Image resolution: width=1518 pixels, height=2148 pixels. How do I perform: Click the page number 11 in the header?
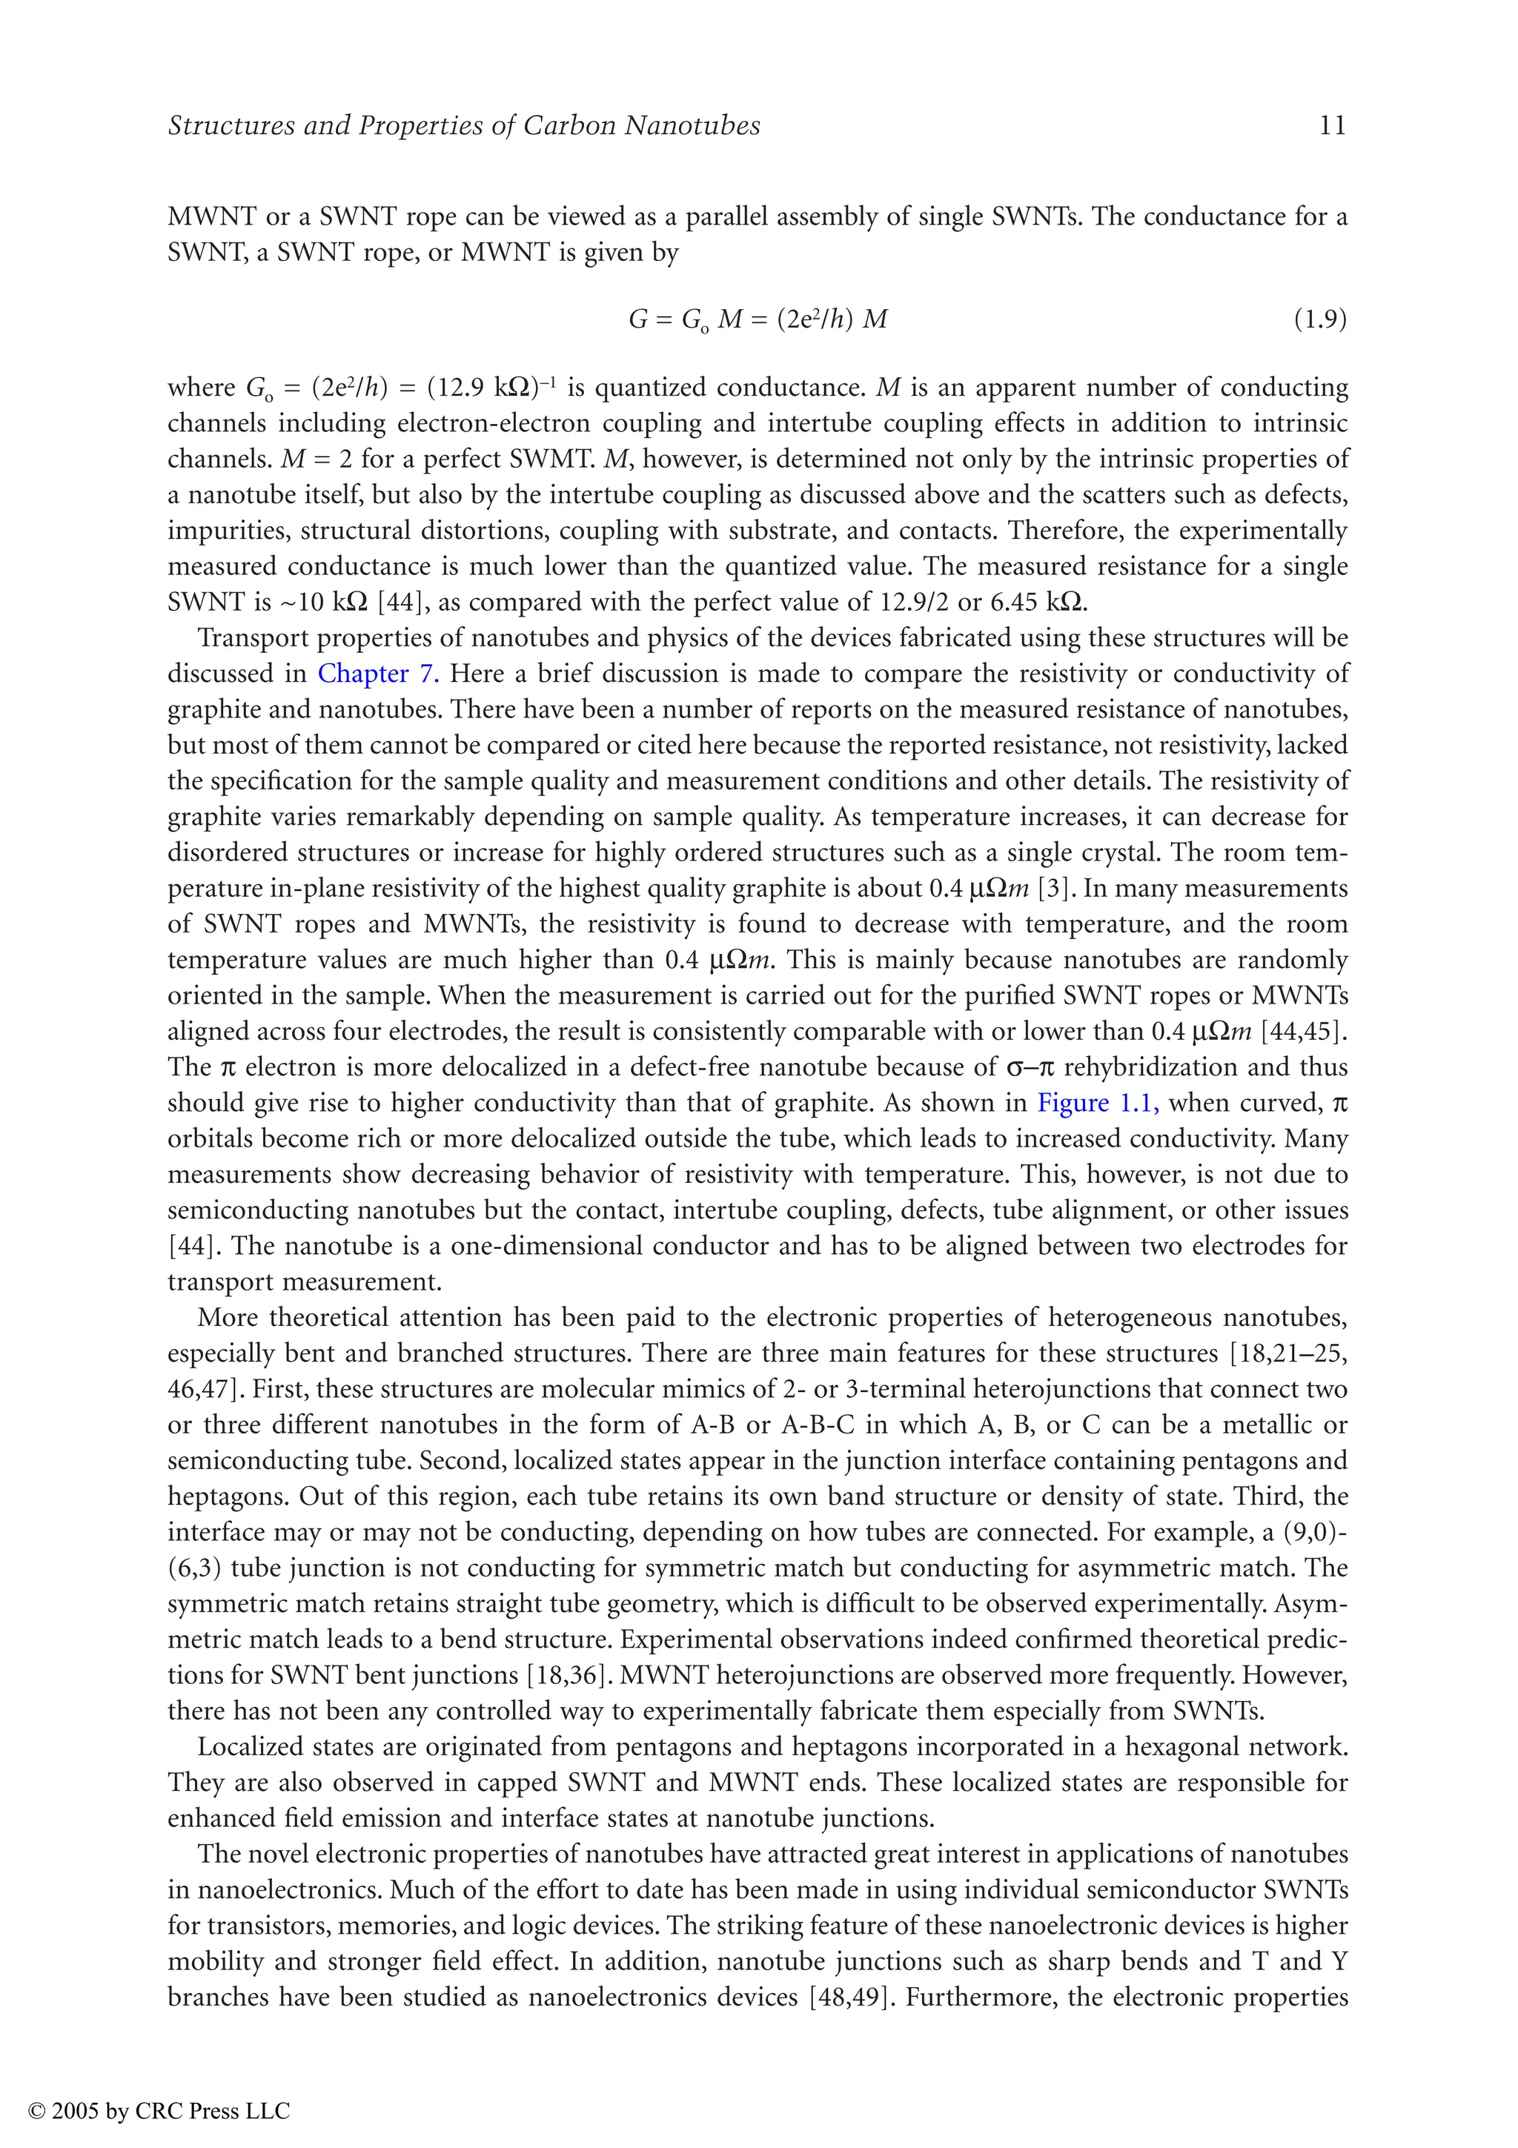tap(1332, 125)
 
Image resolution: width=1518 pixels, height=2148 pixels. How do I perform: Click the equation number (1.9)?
tap(1319, 320)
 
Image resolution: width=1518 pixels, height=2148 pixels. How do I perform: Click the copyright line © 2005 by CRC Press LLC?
tap(160, 2112)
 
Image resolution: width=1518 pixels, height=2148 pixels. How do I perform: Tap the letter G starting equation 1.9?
tap(638, 320)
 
